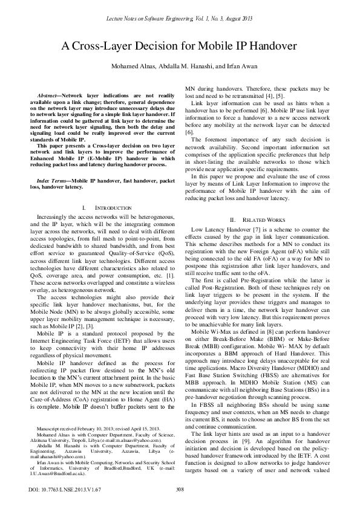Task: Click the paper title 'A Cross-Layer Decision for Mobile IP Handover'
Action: point(179,46)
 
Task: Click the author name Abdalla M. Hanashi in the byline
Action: point(189,66)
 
